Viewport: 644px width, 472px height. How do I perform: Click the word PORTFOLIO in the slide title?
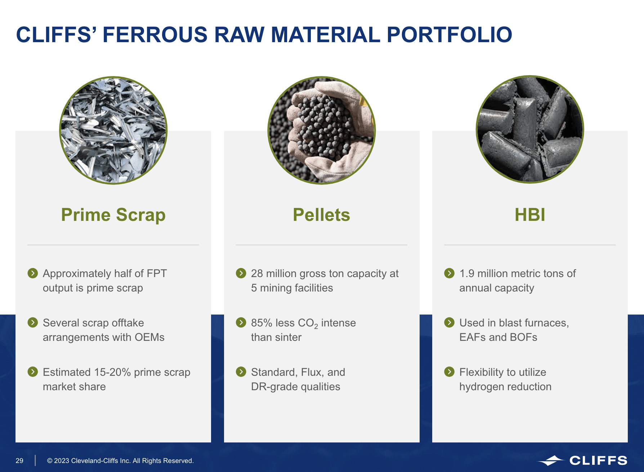(449, 35)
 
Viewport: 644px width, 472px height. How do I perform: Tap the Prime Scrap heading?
(113, 215)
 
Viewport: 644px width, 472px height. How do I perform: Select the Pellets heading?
(321, 215)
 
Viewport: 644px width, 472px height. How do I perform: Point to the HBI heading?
(530, 215)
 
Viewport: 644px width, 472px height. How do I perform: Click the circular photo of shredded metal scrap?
(113, 130)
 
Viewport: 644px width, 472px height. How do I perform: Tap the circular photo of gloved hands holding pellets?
(321, 130)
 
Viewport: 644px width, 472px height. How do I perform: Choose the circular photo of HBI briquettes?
(530, 129)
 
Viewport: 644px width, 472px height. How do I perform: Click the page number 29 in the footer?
(19, 460)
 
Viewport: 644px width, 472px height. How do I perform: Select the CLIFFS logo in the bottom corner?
(582, 460)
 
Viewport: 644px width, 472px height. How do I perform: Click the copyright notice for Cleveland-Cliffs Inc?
(120, 460)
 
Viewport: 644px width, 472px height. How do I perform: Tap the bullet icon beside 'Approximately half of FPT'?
(33, 273)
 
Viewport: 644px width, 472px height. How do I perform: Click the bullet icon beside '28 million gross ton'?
(241, 273)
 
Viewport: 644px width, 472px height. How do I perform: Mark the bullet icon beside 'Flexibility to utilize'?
(449, 371)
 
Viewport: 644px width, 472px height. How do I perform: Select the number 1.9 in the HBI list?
(467, 273)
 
